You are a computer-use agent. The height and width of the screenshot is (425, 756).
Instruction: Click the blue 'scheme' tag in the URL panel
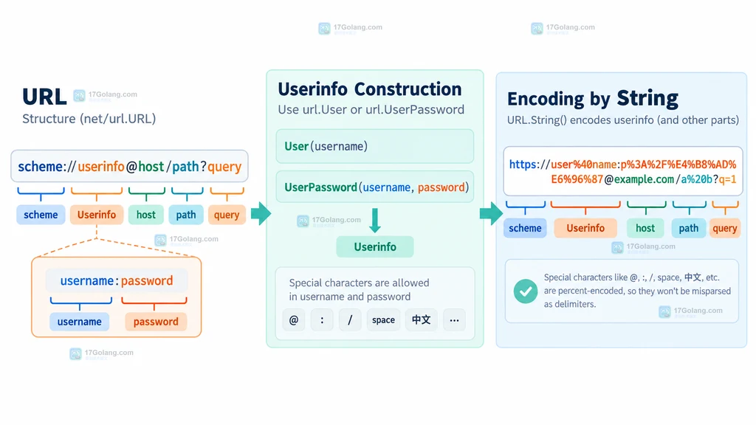click(41, 215)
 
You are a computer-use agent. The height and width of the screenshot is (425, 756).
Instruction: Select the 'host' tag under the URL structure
click(145, 215)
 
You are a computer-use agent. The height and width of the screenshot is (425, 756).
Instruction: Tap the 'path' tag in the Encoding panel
click(689, 228)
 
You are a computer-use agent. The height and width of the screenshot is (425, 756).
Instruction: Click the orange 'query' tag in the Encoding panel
click(725, 228)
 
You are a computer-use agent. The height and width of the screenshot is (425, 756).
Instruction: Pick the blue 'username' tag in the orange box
click(80, 322)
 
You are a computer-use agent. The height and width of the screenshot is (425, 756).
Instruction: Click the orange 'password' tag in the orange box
click(156, 322)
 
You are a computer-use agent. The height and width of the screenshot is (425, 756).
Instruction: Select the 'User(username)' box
click(374, 146)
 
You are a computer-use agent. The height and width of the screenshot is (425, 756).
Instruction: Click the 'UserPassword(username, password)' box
click(374, 187)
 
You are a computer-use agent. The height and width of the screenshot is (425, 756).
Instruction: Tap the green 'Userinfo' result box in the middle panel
click(374, 246)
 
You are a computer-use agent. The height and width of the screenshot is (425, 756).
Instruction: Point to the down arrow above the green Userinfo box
click(374, 220)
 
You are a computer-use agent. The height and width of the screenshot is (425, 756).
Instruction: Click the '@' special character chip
click(294, 320)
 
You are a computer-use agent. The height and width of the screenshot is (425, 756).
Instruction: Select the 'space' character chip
click(383, 320)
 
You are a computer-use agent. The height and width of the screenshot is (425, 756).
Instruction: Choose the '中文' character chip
click(421, 320)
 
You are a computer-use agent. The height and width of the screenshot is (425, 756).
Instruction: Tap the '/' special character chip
click(350, 320)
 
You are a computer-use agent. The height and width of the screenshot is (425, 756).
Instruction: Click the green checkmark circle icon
click(526, 291)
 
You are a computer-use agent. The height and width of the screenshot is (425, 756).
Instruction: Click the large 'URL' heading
click(44, 97)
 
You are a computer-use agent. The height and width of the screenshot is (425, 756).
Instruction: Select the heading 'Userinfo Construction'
click(370, 89)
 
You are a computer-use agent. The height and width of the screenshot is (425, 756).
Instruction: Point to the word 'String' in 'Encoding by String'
click(647, 98)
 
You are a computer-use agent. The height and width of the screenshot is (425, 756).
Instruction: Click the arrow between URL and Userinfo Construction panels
click(261, 213)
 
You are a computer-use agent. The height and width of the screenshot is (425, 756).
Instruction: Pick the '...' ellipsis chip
click(454, 320)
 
